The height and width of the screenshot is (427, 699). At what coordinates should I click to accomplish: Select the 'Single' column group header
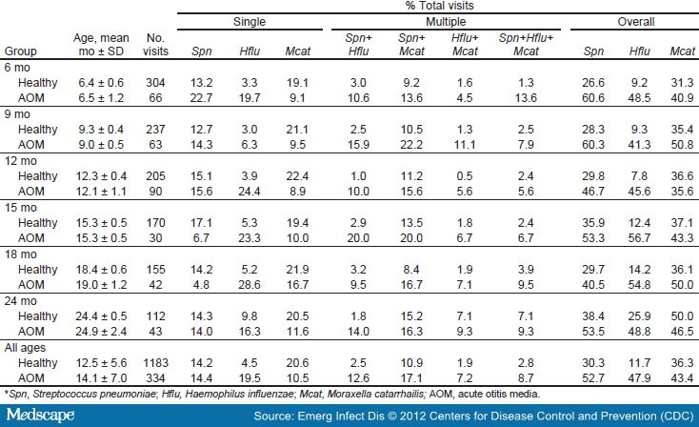(x=248, y=21)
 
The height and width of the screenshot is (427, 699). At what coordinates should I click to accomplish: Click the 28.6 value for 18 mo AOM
(x=247, y=284)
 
